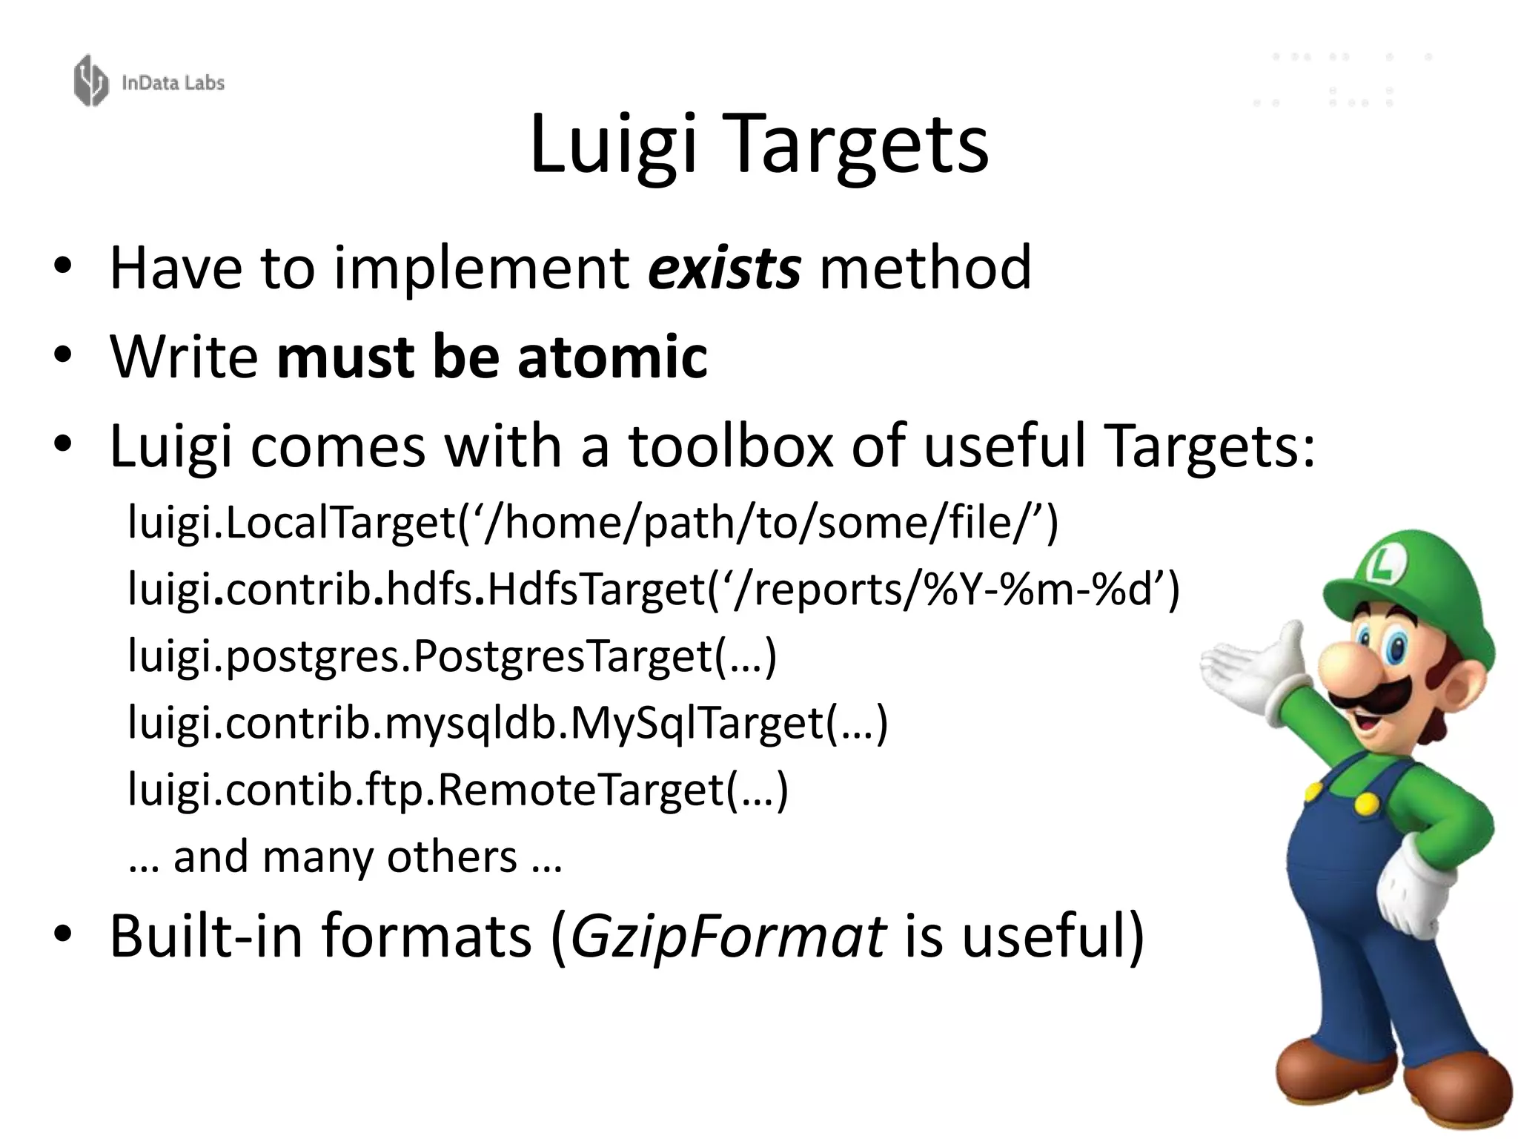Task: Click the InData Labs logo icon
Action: [90, 80]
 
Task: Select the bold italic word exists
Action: [724, 268]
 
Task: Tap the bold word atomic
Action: [612, 357]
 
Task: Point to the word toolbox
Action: [731, 446]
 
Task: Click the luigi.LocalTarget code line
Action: [593, 523]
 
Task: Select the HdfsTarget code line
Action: [652, 590]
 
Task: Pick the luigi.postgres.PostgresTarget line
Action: [452, 656]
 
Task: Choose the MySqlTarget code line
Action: [508, 723]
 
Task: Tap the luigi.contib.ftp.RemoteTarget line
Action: [457, 790]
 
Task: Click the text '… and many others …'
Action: [345, 857]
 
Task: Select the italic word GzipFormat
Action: [727, 937]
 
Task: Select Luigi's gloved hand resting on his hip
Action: [1412, 890]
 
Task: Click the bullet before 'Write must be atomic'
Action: [63, 355]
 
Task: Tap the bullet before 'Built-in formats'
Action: [63, 935]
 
